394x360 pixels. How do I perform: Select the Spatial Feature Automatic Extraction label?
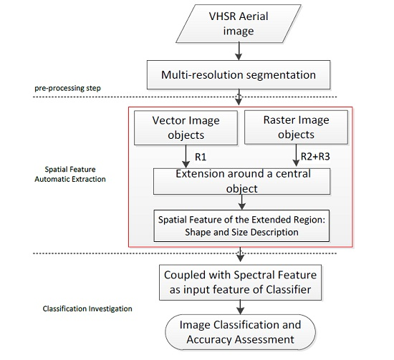point(69,173)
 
